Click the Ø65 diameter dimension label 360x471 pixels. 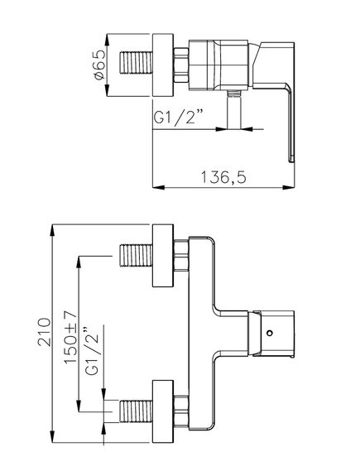click(99, 65)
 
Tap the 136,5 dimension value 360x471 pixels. click(223, 177)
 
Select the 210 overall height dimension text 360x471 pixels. click(45, 332)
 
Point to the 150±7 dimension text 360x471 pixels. click(71, 337)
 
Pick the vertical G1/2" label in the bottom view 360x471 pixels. click(92, 350)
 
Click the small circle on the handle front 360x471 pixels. click(270, 333)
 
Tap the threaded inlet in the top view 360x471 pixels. click(137, 63)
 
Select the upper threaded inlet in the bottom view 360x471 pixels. click(137, 255)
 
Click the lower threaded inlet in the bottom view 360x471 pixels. click(137, 411)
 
